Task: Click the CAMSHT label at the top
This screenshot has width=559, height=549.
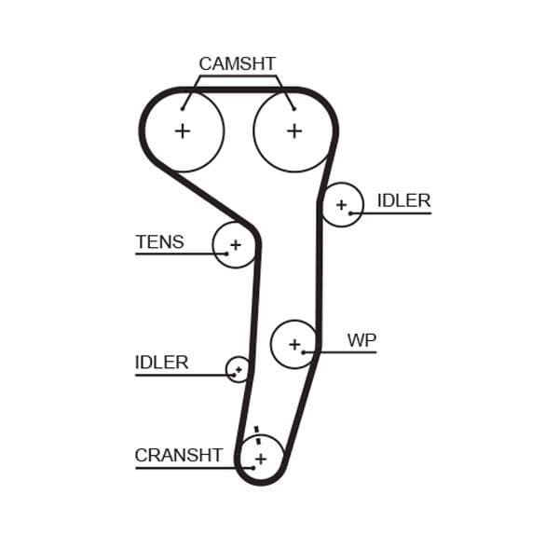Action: click(x=237, y=64)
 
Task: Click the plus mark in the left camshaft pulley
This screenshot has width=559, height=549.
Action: click(x=183, y=130)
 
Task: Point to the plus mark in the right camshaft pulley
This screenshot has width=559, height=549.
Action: click(x=294, y=130)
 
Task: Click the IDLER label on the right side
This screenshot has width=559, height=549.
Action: click(x=403, y=200)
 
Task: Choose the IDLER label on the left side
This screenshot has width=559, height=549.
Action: click(x=161, y=362)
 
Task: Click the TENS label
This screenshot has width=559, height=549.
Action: click(x=159, y=242)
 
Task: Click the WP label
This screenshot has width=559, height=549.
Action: click(x=361, y=340)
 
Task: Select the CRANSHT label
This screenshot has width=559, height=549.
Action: click(x=178, y=455)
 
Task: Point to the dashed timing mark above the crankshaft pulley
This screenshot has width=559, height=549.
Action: click(x=256, y=435)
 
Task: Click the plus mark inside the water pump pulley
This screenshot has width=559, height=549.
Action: click(x=294, y=344)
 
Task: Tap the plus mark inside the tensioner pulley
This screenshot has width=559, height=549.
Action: click(x=235, y=245)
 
